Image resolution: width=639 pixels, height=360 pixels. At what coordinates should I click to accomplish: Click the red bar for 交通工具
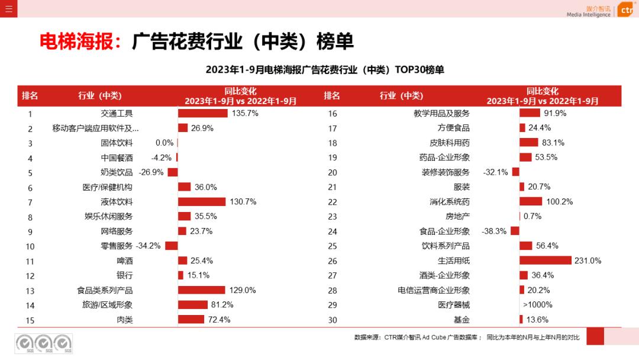203,113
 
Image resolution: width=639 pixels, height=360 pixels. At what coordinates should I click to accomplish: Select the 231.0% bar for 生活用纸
546,261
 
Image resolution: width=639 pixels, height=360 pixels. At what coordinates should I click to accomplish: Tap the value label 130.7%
243,202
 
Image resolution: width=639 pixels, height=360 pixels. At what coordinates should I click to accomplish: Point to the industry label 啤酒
125,261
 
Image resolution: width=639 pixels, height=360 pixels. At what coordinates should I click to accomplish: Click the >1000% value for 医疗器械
537,305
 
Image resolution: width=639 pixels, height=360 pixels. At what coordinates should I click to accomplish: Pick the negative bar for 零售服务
172,246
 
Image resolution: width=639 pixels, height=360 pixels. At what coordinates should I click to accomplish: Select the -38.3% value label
494,232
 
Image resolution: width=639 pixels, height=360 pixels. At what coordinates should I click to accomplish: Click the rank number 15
30,320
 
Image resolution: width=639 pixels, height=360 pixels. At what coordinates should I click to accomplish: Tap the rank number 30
333,320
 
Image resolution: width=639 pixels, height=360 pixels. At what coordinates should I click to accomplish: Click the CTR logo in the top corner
626,9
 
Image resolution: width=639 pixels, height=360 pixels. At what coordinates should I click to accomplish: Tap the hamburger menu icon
8,9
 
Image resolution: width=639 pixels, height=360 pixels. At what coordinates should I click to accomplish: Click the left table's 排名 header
30,96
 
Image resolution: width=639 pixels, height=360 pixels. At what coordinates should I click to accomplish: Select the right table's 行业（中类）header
401,96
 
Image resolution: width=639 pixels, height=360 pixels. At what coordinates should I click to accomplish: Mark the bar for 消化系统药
531,202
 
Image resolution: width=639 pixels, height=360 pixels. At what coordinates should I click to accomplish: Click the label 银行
125,275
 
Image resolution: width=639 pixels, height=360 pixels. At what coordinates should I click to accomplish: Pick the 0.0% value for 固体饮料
164,143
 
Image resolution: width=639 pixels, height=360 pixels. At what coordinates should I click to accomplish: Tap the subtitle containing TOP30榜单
325,70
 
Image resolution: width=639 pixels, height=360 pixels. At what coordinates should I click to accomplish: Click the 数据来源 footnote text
467,337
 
